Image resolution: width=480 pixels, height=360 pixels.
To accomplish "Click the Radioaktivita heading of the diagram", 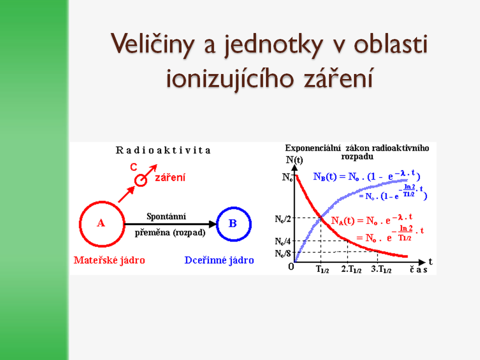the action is point(163,150).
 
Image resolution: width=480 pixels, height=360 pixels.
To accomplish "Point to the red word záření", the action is point(170,177).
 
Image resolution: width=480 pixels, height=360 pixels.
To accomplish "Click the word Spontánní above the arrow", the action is point(166,216).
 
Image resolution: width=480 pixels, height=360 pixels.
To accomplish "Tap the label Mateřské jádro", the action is point(109,260).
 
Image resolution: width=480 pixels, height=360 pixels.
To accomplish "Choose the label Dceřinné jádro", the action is point(219,260).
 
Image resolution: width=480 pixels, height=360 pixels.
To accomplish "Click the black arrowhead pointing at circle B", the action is point(212,224).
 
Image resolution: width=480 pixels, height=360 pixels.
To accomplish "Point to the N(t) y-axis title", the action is point(294,160).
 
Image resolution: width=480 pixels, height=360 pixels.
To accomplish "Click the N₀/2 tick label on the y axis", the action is point(282,219).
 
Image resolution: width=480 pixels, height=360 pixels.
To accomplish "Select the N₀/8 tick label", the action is point(282,253).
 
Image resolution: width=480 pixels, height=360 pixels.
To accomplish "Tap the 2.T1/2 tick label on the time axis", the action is point(351,269).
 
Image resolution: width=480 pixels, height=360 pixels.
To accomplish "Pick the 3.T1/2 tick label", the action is point(381,269).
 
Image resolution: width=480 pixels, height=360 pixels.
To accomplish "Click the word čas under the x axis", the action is point(418,269).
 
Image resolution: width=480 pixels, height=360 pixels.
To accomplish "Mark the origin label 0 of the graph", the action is point(291,266).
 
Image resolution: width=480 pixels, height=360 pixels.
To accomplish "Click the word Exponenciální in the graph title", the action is point(313,148).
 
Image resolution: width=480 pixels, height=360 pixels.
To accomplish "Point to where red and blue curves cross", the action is point(321,217).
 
